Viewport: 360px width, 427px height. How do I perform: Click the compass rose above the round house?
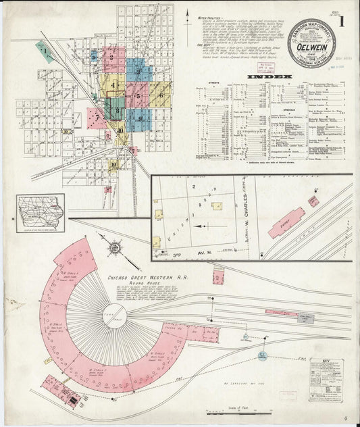(115, 248)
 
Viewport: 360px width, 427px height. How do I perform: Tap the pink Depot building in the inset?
(286, 222)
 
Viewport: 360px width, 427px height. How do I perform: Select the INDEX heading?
(270, 77)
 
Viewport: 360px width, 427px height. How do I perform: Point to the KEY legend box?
(326, 379)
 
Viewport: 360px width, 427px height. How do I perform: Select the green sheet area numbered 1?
(45, 51)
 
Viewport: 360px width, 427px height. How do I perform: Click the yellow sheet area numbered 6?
(159, 95)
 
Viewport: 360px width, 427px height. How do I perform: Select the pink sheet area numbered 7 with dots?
(97, 118)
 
